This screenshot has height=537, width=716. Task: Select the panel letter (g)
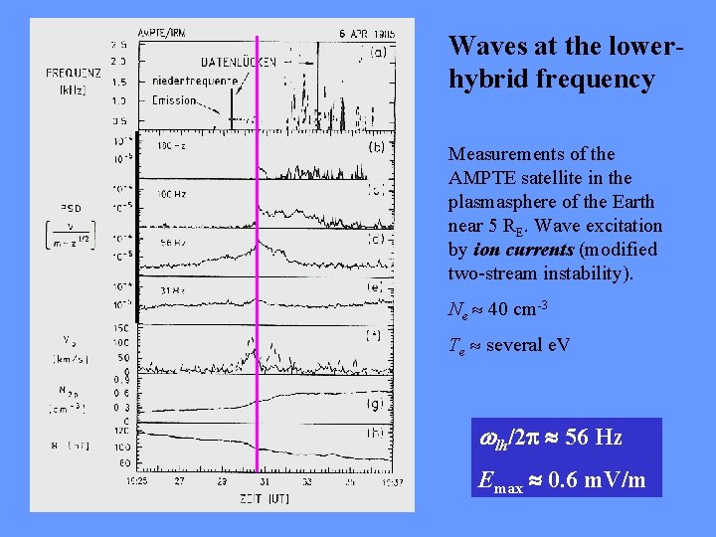coord(376,404)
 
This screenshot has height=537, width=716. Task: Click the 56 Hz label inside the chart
coord(173,242)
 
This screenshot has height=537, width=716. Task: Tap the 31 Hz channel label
coord(171,290)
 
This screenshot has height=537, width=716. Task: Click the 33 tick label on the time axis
coord(310,480)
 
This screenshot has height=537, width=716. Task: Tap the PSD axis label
coord(71,208)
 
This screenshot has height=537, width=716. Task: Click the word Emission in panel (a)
coord(175,100)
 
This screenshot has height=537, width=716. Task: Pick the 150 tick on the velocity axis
coord(121,327)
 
